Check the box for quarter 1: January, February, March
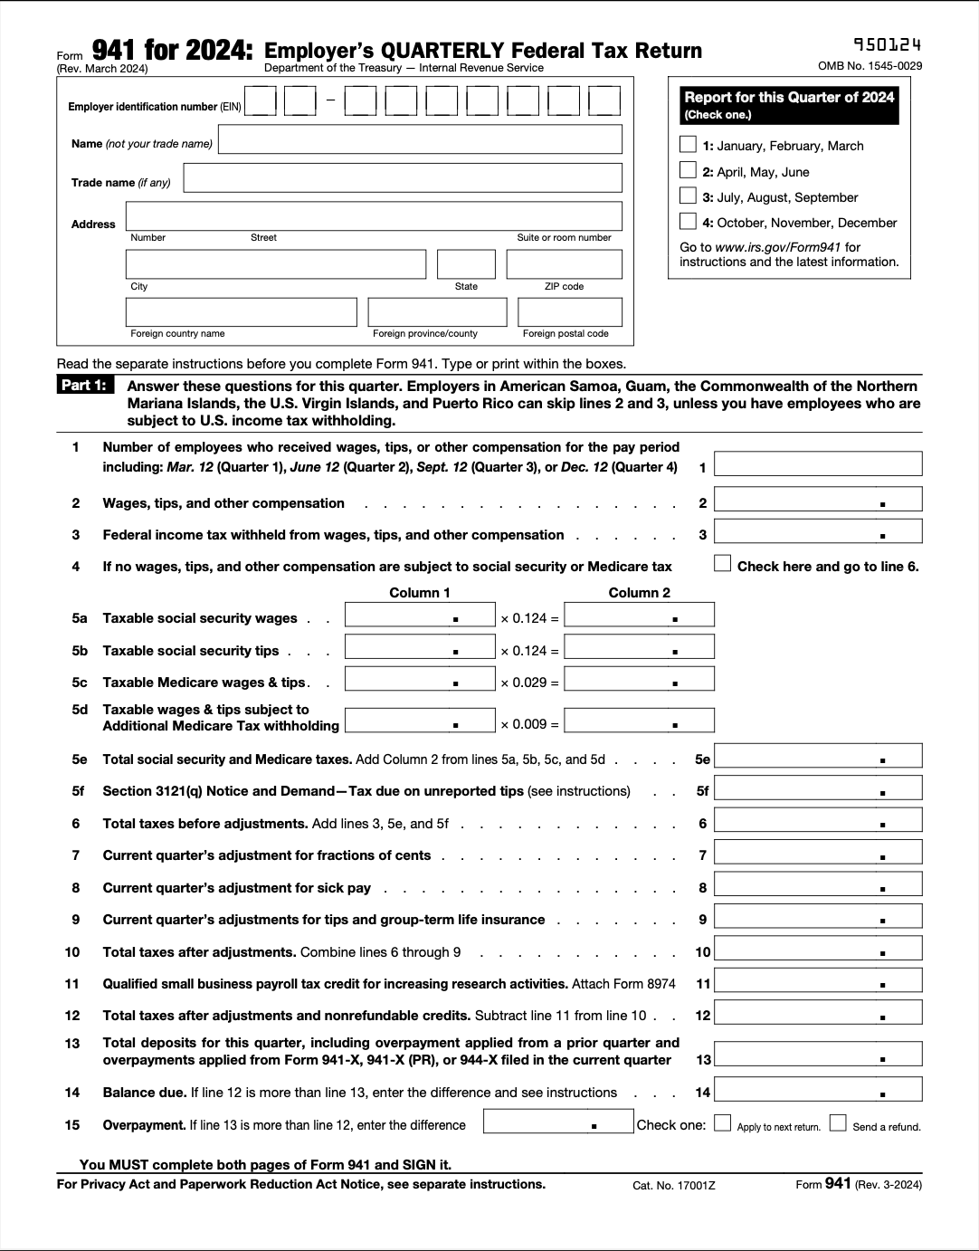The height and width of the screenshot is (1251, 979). click(x=688, y=145)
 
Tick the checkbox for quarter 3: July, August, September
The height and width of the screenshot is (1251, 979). click(x=688, y=196)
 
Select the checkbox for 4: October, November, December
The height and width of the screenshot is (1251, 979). click(x=688, y=222)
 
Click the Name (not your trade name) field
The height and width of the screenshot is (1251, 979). click(x=420, y=139)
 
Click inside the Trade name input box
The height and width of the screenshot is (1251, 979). click(x=402, y=177)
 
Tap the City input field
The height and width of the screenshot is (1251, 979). click(x=275, y=264)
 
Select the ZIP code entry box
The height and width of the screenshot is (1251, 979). click(x=564, y=264)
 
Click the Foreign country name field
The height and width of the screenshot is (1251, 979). click(x=241, y=312)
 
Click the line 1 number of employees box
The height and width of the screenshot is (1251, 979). click(x=818, y=463)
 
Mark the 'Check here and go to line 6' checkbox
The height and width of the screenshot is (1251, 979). click(x=722, y=564)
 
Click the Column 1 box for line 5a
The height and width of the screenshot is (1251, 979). click(x=420, y=616)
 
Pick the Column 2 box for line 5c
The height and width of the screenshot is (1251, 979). click(x=639, y=679)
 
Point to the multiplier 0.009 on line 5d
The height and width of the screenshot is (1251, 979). click(x=529, y=724)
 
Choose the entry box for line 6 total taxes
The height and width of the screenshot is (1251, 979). click(x=818, y=820)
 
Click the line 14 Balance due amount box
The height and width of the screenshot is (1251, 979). click(x=818, y=1089)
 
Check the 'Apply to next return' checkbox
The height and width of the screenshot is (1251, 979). click(x=722, y=1123)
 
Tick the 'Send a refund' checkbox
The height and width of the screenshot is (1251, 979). click(x=838, y=1123)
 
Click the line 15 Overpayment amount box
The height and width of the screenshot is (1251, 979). click(x=558, y=1122)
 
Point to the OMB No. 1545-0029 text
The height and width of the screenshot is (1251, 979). click(x=870, y=66)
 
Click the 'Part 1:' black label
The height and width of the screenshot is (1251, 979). click(x=84, y=386)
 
